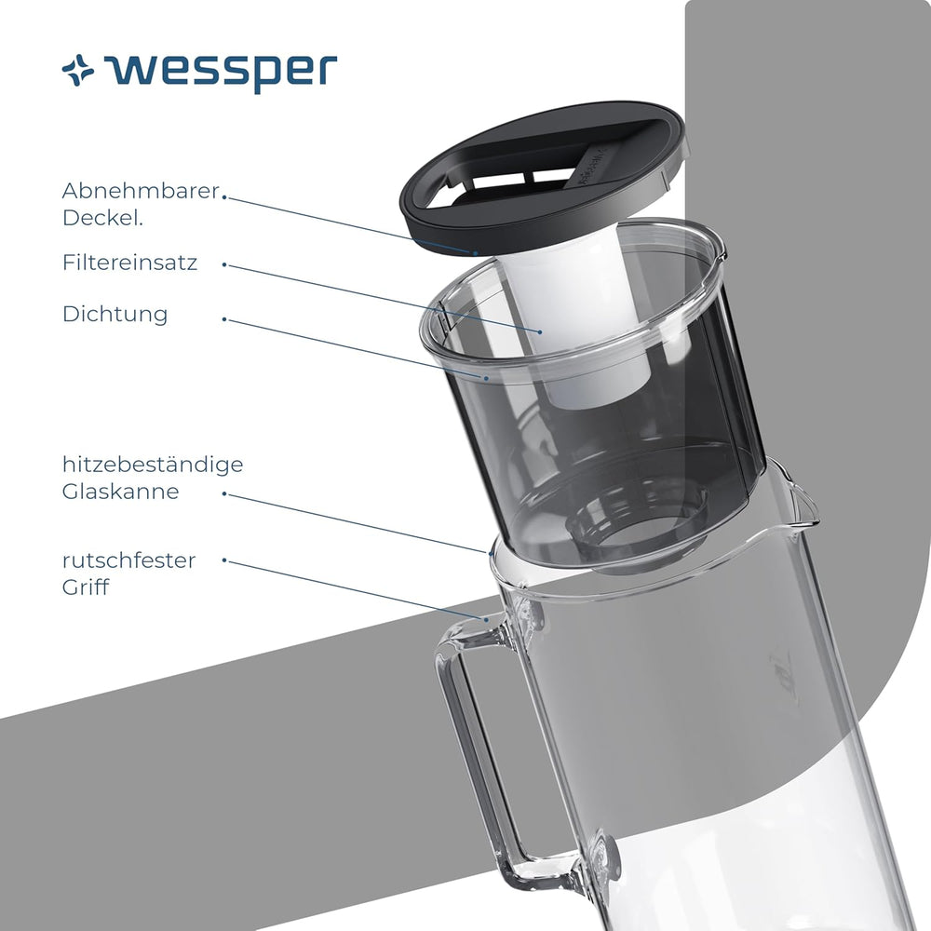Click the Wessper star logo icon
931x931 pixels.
tap(78, 70)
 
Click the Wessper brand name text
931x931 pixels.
tap(221, 72)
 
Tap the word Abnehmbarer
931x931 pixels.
tap(141, 191)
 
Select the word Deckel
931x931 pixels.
tap(102, 218)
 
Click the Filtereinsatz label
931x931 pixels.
tap(129, 263)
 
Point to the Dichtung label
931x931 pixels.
tap(115, 314)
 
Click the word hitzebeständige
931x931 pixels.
tap(153, 465)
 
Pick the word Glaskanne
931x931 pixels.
tap(120, 492)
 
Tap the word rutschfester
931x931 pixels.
tap(128, 560)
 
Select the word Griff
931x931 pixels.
tap(86, 587)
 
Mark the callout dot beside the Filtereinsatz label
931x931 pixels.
tap(224, 264)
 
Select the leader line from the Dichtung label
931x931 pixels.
tap(355, 348)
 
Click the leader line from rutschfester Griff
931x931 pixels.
tap(355, 590)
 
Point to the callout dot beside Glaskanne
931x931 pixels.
tap(224, 494)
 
